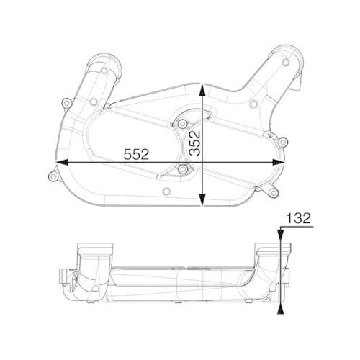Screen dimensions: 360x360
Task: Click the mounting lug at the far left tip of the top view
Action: coord(50,174)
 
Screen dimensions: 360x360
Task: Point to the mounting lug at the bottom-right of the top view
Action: coord(271,192)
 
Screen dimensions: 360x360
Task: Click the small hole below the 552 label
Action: coord(166,191)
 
